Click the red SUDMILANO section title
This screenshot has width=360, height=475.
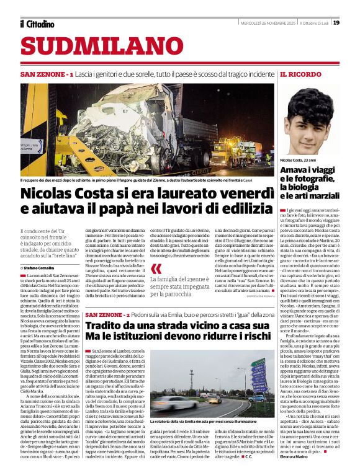[x=92, y=46]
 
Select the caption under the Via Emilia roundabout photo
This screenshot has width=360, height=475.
[x=210, y=422]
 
